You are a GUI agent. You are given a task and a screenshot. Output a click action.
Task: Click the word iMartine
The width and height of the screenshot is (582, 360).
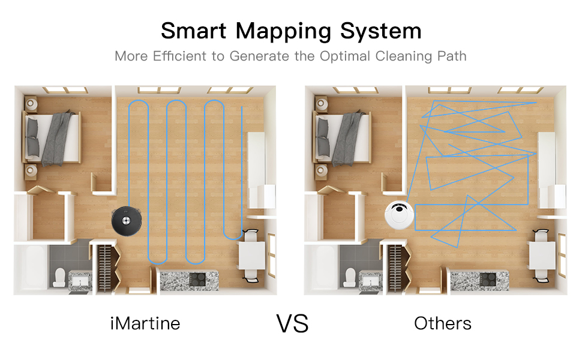[145, 323]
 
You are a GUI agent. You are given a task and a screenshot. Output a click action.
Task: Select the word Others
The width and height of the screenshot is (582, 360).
[443, 323]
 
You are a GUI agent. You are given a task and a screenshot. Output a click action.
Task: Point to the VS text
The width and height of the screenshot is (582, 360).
[292, 323]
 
